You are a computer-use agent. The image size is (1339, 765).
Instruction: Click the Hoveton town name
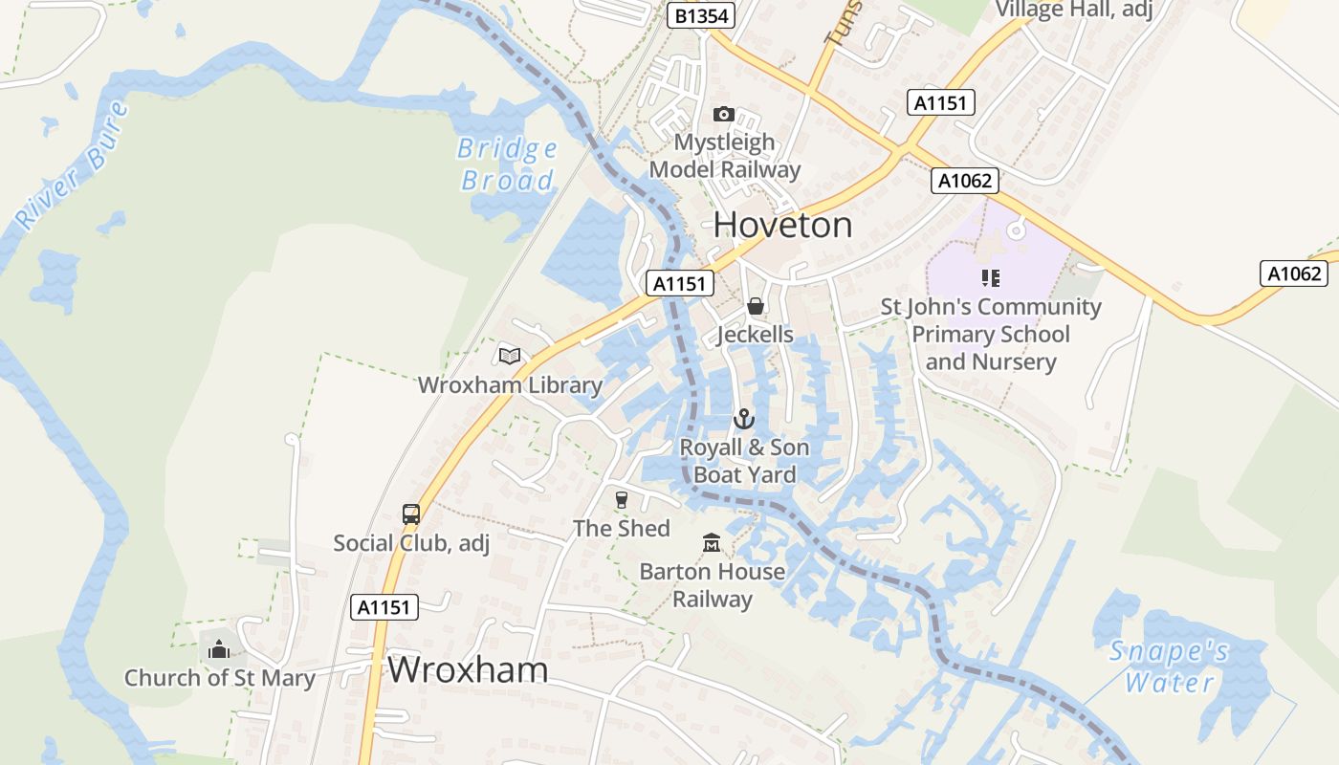(782, 225)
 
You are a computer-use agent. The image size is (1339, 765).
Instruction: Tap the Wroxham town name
(468, 669)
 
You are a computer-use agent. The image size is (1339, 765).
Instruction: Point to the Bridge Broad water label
(508, 164)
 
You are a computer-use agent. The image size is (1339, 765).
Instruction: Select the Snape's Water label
(1169, 667)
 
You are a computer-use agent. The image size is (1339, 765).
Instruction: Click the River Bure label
(73, 164)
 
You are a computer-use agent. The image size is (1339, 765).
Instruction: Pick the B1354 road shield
(700, 16)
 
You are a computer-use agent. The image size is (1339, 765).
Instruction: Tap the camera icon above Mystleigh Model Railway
(724, 115)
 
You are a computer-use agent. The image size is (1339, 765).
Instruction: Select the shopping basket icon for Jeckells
(756, 306)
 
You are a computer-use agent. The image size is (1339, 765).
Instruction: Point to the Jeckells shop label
(756, 335)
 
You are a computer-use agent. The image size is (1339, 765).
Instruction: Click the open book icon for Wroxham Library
(510, 357)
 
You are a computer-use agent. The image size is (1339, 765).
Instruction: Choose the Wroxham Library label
(510, 385)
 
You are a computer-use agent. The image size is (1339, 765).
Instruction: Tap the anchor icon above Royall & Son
(744, 419)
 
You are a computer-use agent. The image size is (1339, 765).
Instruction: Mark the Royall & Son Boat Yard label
(744, 461)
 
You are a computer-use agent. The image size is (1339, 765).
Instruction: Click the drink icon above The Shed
(622, 500)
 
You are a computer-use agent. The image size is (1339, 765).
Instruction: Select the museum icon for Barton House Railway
(712, 543)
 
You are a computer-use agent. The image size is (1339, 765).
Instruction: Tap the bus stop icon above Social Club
(411, 514)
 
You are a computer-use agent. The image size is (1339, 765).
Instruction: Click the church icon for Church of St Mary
(219, 650)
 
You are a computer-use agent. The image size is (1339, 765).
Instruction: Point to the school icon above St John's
(991, 278)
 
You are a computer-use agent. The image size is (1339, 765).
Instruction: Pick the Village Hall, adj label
(1073, 10)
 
